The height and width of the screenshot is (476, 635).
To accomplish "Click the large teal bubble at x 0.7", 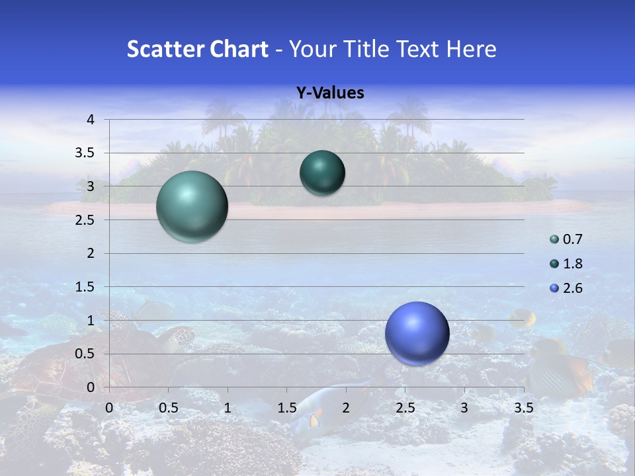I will pyautogui.click(x=192, y=206).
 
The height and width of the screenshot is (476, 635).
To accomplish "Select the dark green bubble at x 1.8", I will pyautogui.click(x=322, y=173).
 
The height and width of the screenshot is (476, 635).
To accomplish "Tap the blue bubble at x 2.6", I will pyautogui.click(x=417, y=333).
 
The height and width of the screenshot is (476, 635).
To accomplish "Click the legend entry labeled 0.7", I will pyautogui.click(x=572, y=239).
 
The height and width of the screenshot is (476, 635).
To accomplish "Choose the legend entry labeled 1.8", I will pyautogui.click(x=572, y=264).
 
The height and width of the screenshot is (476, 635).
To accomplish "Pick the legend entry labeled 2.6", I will pyautogui.click(x=572, y=288).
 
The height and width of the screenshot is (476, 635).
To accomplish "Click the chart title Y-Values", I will pyautogui.click(x=329, y=93).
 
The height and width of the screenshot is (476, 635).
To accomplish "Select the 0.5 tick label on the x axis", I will pyautogui.click(x=169, y=408).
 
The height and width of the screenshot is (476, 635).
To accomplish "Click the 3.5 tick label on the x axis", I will pyautogui.click(x=523, y=408).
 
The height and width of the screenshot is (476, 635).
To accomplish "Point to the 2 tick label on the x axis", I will pyautogui.click(x=346, y=408).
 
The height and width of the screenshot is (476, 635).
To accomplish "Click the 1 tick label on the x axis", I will pyautogui.click(x=228, y=408).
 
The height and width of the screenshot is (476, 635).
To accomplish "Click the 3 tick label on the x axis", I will pyautogui.click(x=464, y=408).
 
